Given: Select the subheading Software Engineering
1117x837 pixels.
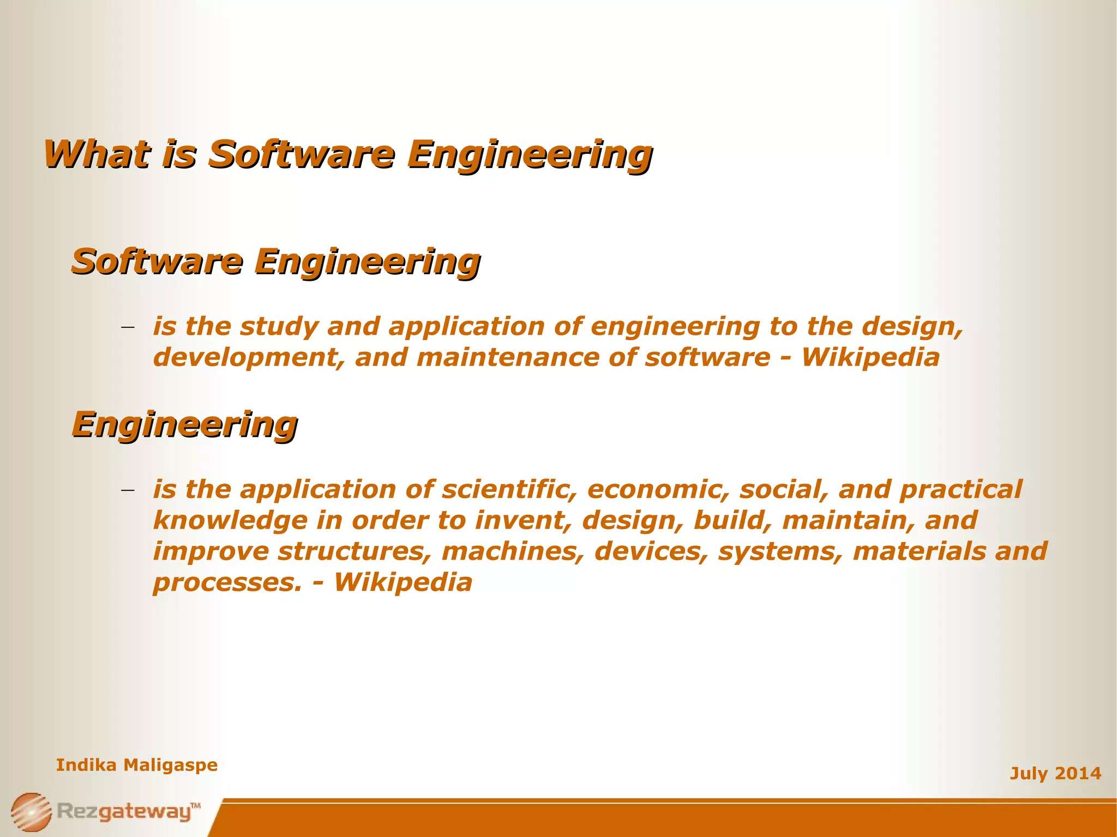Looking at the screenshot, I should [276, 262].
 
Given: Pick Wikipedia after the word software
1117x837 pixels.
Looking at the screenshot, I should [870, 358].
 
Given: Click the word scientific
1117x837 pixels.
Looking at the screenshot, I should [509, 489].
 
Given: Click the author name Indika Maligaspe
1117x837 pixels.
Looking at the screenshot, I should [137, 765].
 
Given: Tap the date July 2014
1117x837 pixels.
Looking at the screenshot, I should [1055, 773].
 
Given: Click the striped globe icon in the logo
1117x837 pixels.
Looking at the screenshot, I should [31, 811].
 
